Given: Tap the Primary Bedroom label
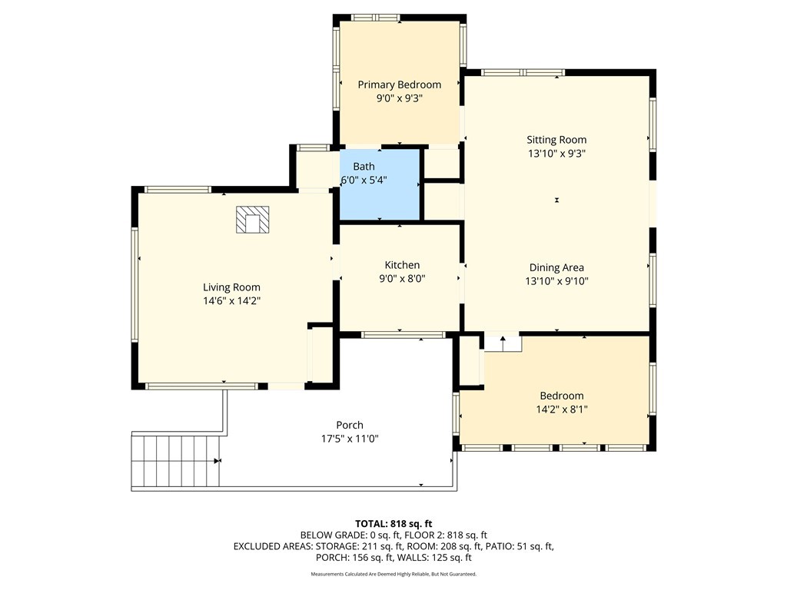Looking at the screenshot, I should (400, 85).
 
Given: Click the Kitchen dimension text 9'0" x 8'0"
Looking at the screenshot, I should (402, 279).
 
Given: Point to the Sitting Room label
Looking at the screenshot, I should (556, 140).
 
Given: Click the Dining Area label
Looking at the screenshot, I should (556, 267).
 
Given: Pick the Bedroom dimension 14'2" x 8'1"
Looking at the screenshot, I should (561, 409).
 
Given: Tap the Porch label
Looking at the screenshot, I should (350, 425).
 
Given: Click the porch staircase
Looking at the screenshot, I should (175, 461).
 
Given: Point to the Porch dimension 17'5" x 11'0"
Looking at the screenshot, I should (350, 439).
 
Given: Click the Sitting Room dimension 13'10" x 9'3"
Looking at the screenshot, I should (556, 154).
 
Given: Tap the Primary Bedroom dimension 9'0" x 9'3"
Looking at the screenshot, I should (400, 98).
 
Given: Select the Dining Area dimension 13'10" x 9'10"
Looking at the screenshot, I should (556, 281).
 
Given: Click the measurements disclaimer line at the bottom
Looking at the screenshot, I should (393, 574).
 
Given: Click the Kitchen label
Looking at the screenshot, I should (402, 265).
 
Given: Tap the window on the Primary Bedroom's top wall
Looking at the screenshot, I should (375, 17).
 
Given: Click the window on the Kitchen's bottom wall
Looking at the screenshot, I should (403, 335).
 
